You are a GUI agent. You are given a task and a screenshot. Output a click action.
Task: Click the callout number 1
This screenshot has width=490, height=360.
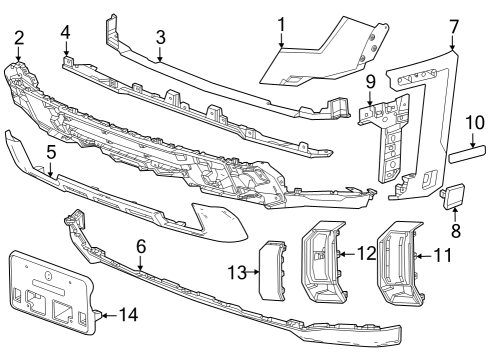click(281, 22)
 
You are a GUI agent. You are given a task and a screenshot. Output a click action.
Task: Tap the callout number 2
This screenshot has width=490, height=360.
click(18, 38)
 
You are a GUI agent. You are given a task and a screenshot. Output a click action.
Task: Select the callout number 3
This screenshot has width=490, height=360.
click(159, 38)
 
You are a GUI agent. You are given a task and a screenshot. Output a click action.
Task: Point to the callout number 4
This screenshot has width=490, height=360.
click(65, 32)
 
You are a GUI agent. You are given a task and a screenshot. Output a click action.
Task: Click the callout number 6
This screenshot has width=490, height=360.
click(141, 245)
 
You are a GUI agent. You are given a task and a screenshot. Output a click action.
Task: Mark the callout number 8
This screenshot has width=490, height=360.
click(455, 230)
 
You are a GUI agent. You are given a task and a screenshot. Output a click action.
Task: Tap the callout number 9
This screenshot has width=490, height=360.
click(369, 80)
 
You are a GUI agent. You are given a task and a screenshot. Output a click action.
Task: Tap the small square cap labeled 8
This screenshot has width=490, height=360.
click(449, 196)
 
